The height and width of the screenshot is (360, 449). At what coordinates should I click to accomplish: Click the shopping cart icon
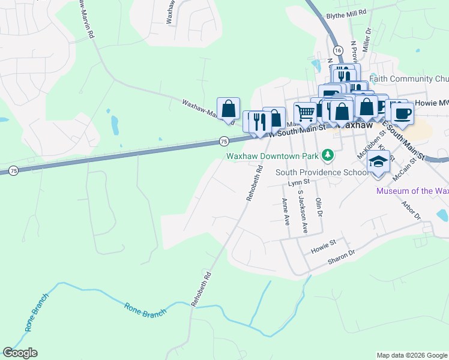[x=306, y=112]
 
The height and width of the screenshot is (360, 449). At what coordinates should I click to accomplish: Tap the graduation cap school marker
[x=378, y=161]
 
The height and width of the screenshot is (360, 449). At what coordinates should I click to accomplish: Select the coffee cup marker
[x=402, y=113]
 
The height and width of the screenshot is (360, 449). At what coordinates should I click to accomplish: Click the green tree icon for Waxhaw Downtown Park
[x=327, y=156]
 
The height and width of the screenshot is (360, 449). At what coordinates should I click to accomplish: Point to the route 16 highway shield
[x=338, y=50]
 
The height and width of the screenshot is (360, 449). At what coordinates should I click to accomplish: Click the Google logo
[x=20, y=353]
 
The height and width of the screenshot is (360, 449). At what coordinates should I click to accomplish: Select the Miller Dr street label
[x=367, y=38]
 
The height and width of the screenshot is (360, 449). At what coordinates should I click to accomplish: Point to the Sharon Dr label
[x=342, y=258]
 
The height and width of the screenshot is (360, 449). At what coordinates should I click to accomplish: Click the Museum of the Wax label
[x=412, y=191]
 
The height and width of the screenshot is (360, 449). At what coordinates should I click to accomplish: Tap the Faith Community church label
[x=409, y=79]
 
